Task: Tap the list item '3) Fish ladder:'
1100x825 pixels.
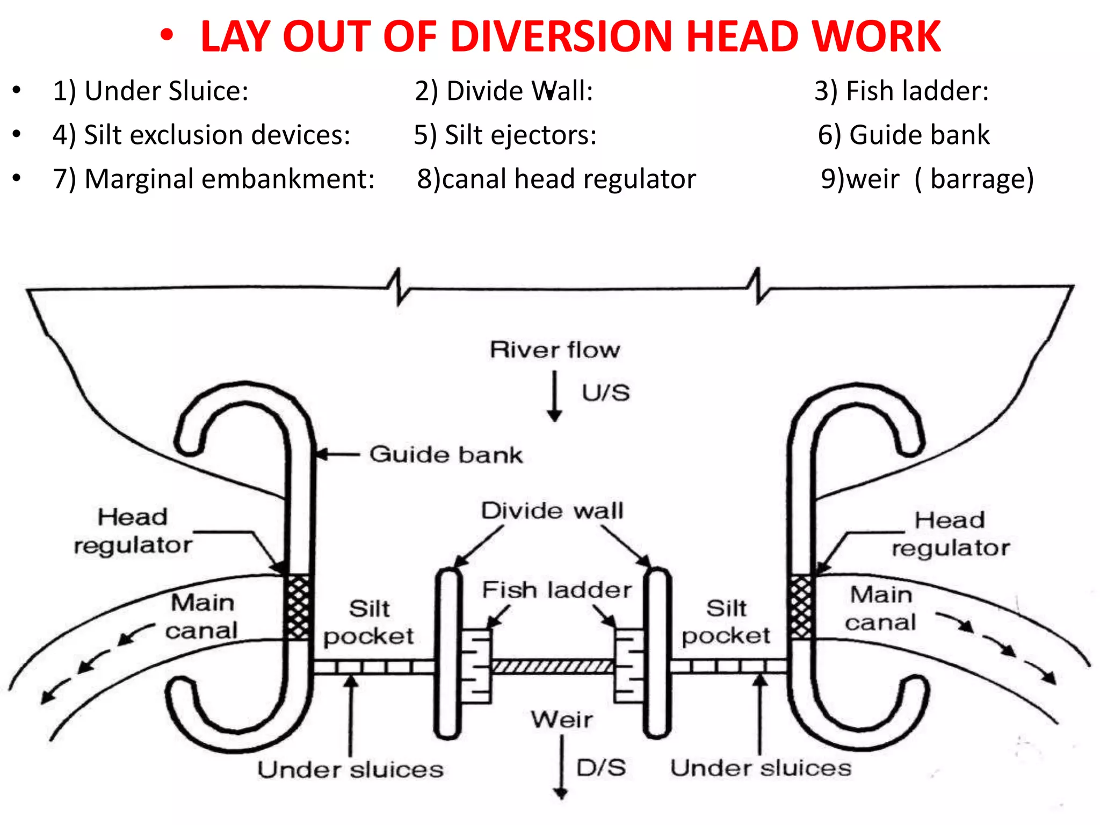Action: (x=901, y=91)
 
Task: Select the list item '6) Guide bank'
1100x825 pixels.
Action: (x=903, y=135)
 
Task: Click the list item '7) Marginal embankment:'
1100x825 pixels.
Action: (x=213, y=179)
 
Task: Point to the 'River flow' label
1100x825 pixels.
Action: (x=555, y=350)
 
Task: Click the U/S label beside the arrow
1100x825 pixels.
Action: (x=606, y=393)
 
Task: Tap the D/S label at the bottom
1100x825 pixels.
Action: (x=601, y=768)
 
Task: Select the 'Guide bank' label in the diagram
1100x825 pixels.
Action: (x=446, y=455)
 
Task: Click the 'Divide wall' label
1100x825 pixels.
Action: (x=552, y=510)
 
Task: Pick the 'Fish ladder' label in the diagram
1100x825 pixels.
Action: (x=556, y=590)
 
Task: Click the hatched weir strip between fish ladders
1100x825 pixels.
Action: (x=552, y=667)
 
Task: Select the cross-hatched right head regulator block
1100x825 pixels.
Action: (x=800, y=607)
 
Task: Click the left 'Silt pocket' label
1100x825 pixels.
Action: (x=368, y=623)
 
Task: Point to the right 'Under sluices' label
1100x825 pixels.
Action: (x=761, y=768)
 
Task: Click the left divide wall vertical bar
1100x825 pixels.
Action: (x=447, y=653)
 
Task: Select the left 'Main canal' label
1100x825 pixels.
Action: (x=202, y=617)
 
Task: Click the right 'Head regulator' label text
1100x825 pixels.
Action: (x=950, y=534)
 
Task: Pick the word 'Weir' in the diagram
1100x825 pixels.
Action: (x=562, y=719)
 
